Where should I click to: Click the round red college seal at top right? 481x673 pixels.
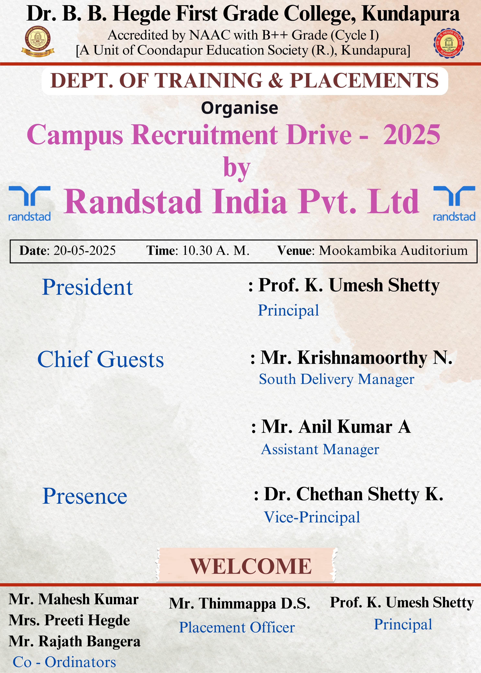coord(449,43)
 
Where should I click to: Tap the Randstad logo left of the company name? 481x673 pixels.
coord(29,204)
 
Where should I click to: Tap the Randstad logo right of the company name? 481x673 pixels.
coord(454,204)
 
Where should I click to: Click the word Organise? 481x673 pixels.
coord(240,108)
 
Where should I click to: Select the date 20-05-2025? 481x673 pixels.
coord(84,251)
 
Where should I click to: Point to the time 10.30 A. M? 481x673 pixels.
coord(216,251)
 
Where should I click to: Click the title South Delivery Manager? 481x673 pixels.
coord(337,379)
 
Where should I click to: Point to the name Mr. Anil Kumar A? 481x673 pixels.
coord(336,427)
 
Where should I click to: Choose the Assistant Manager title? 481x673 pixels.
coord(320,450)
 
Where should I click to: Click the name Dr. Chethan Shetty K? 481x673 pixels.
coord(354,494)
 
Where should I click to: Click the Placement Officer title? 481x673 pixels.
coord(237,627)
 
